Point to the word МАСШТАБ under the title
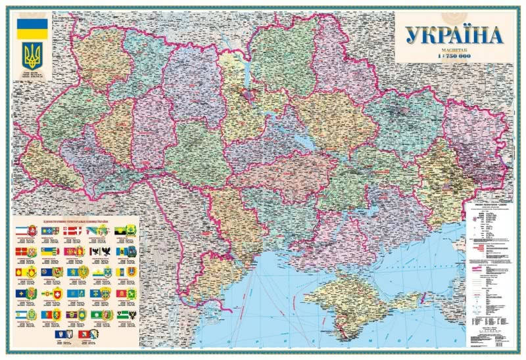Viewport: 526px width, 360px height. pyautogui.click(x=453, y=49)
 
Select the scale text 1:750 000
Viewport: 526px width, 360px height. pyautogui.click(x=453, y=56)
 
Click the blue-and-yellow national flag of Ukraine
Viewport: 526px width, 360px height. pyautogui.click(x=32, y=28)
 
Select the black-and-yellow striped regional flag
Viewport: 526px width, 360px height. pyautogui.click(x=122, y=231)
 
